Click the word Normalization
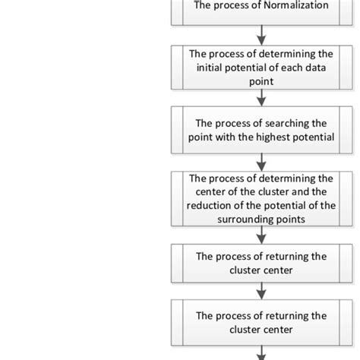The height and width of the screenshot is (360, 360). [295, 6]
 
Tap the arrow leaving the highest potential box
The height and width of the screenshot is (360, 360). [262, 159]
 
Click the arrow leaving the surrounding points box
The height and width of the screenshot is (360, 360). [262, 234]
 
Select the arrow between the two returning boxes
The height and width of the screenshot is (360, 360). [262, 289]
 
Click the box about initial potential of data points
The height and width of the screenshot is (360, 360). [262, 66]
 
